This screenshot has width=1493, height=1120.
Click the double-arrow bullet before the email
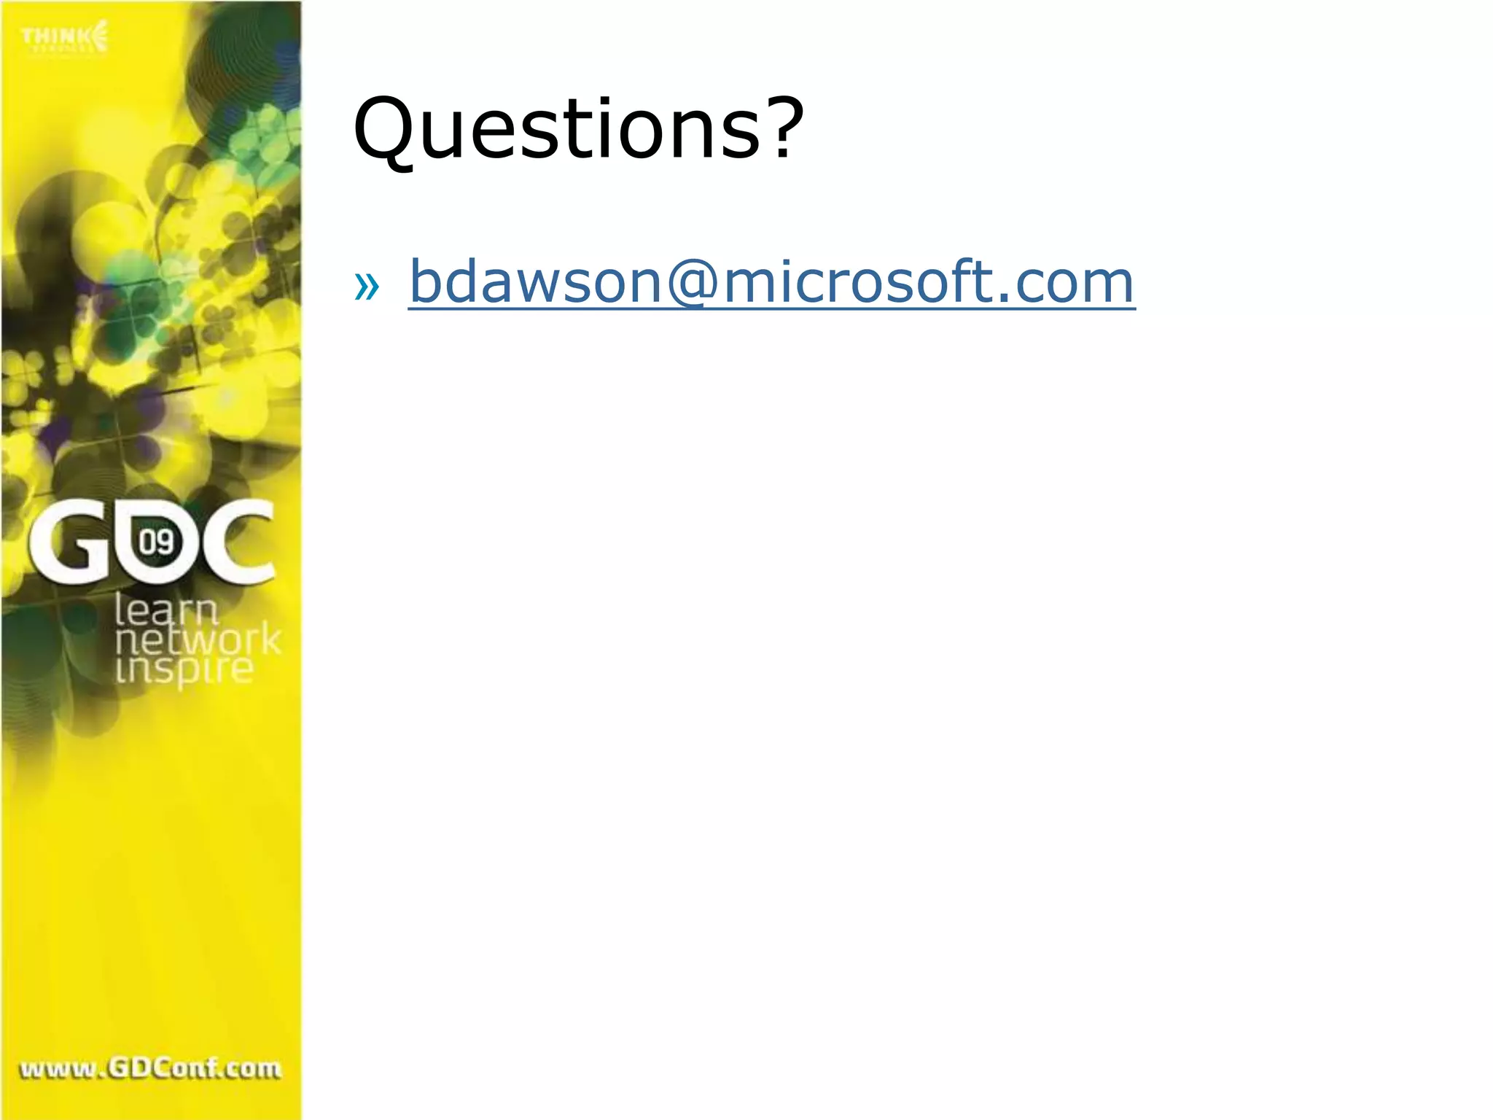click(366, 286)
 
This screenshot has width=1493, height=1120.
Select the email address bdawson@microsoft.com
click(771, 282)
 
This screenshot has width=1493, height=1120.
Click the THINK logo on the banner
click(64, 37)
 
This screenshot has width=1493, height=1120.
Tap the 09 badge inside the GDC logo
click(156, 542)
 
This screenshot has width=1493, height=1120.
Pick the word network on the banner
click(198, 640)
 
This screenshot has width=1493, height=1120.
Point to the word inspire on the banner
click(184, 669)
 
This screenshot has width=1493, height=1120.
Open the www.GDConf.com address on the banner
click(150, 1069)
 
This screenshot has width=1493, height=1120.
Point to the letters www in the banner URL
click(58, 1070)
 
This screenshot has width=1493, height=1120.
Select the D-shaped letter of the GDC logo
click(155, 543)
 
